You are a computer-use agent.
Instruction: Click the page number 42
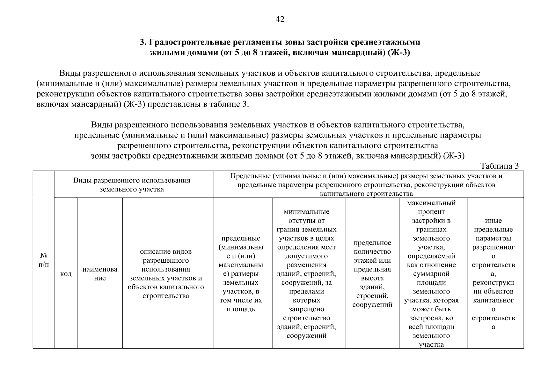pyautogui.click(x=280, y=19)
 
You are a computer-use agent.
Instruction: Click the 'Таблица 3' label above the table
pyautogui.click(x=500, y=166)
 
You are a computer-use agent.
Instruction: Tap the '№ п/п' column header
pyautogui.click(x=44, y=260)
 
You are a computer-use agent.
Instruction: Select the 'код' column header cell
pyautogui.click(x=66, y=273)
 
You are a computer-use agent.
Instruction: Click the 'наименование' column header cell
pyautogui.click(x=100, y=273)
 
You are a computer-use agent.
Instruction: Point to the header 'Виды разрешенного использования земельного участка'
pyautogui.click(x=132, y=185)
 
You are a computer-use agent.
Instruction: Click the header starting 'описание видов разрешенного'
pyautogui.click(x=166, y=273)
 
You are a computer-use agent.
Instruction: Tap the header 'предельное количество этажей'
pyautogui.click(x=372, y=273)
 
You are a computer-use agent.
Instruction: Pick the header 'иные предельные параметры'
pyautogui.click(x=493, y=273)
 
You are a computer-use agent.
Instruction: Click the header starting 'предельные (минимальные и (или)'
pyautogui.click(x=241, y=273)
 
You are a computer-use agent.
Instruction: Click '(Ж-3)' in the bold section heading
pyautogui.click(x=399, y=53)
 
